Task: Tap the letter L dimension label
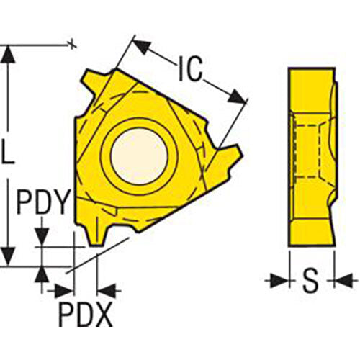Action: pos(9,153)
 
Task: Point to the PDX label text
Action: pos(84,315)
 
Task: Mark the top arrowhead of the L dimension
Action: pos(8,54)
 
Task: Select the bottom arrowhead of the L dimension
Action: pos(8,256)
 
